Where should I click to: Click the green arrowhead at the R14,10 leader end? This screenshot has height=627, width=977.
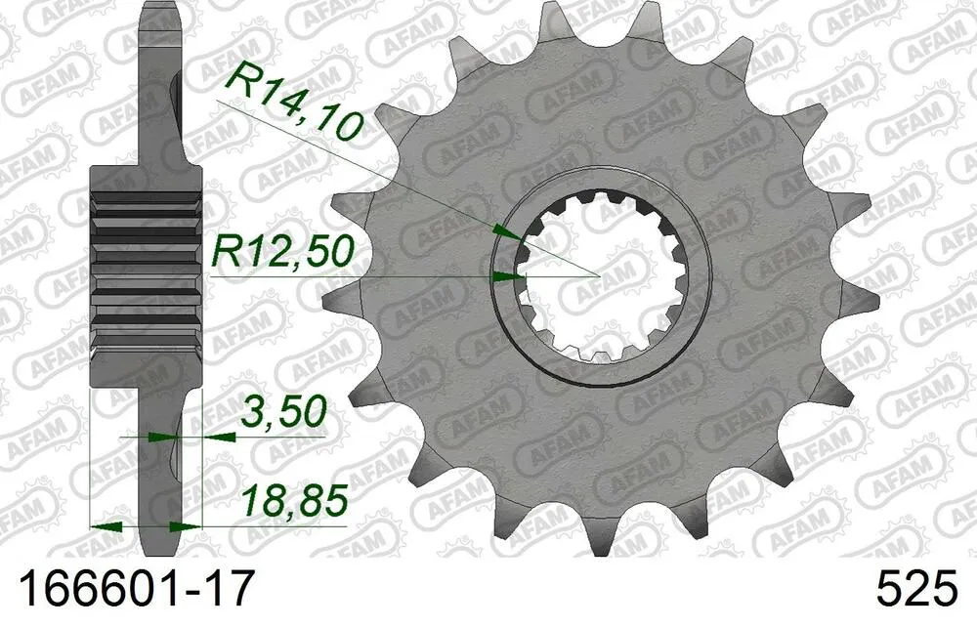point(505,231)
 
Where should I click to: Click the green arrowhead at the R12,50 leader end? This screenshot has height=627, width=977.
point(505,277)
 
